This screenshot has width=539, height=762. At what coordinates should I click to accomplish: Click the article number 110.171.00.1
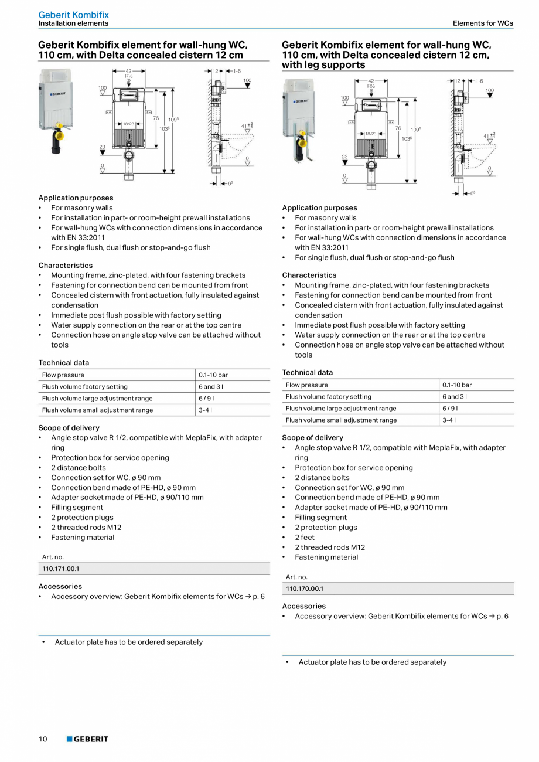coord(60,569)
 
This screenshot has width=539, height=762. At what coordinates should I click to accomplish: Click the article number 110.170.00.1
coord(305,588)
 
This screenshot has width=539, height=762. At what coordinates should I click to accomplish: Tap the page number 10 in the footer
coord(43,739)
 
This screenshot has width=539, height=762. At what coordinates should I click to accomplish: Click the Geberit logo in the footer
coord(87,739)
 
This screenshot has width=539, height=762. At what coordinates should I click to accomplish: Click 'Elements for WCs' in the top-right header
coord(483,23)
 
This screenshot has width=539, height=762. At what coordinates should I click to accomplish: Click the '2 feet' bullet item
coord(304,538)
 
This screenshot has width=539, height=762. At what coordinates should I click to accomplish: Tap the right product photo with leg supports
coord(299,120)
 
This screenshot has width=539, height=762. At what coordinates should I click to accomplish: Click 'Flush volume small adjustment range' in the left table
coord(97,410)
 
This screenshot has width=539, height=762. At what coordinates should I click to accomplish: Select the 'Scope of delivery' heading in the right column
coord(313,438)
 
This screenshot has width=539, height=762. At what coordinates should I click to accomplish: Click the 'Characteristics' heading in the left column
coord(66,266)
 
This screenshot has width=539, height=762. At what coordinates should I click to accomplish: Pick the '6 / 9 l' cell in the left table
coord(207,399)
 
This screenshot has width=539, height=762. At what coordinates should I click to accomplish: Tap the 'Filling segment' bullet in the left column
coord(77,508)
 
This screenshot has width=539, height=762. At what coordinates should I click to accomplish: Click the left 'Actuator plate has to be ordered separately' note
coord(129,642)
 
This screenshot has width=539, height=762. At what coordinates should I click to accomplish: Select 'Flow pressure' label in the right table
coord(307,385)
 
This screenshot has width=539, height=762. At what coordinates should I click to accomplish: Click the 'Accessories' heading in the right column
coord(303,606)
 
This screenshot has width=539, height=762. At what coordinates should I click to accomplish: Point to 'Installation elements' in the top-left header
coord(73,23)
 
